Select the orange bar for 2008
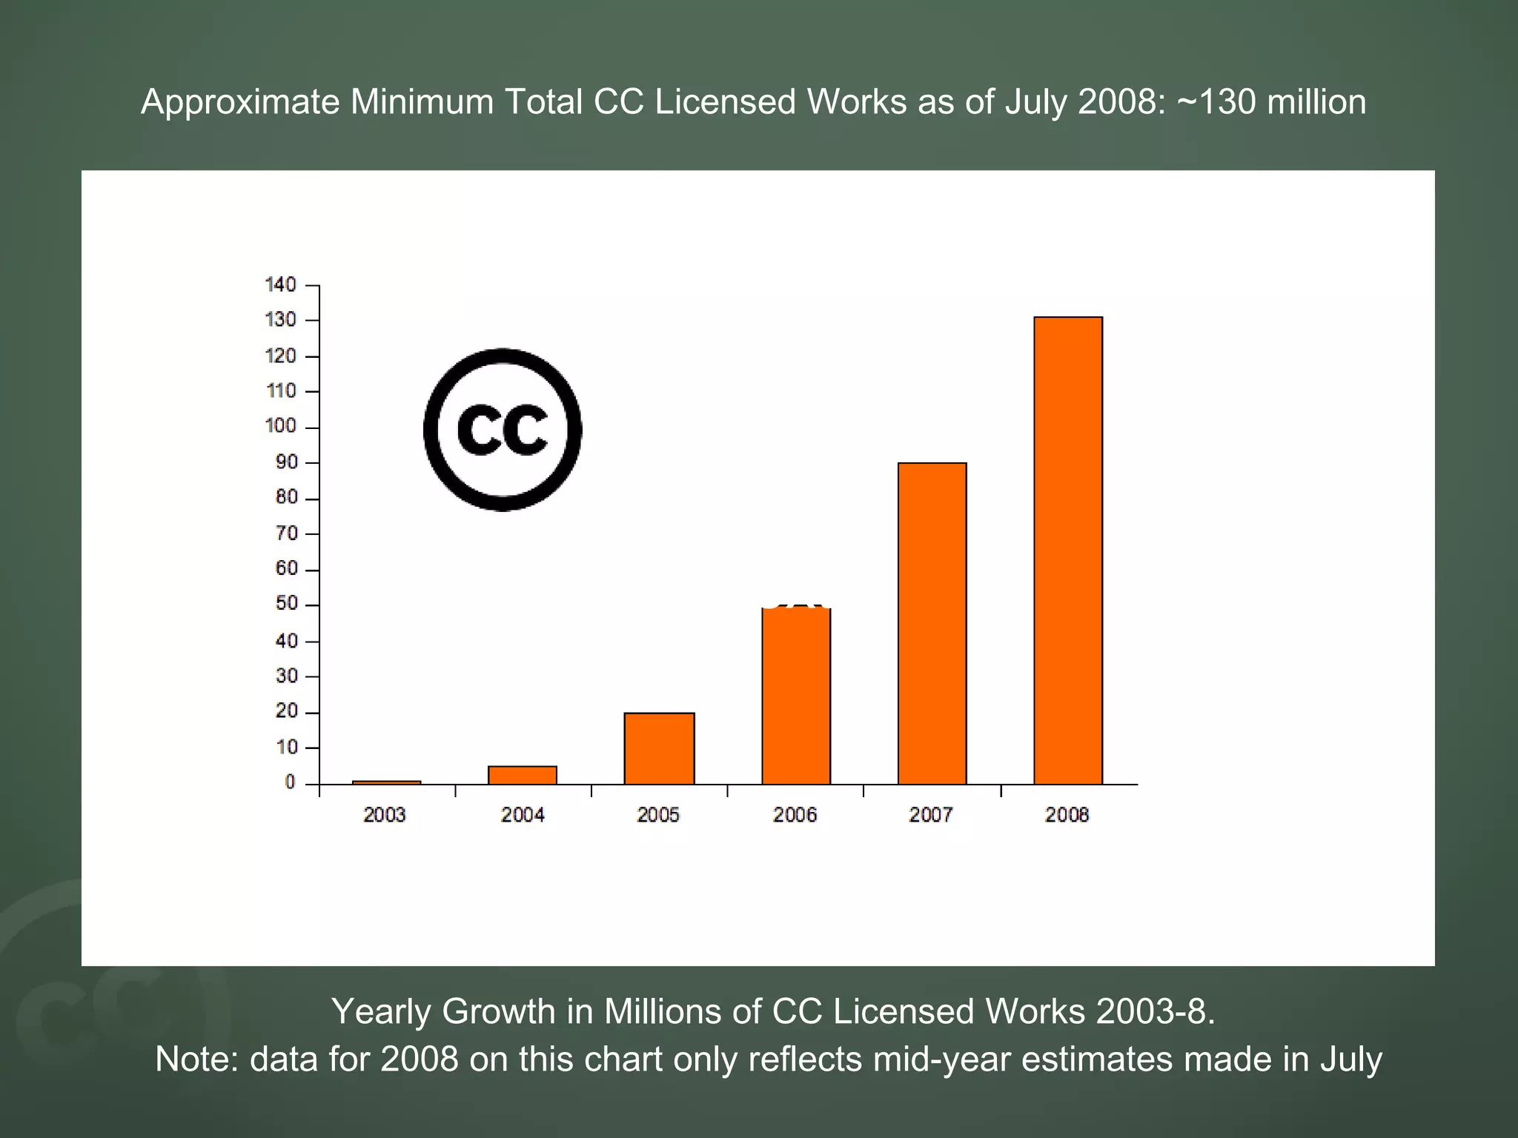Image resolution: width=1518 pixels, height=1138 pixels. (x=1068, y=550)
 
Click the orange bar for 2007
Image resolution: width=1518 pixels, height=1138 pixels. (x=932, y=623)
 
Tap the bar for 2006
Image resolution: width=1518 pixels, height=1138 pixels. (x=796, y=696)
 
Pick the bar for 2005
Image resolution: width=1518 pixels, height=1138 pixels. (x=659, y=748)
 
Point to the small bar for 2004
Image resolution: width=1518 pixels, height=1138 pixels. (x=523, y=775)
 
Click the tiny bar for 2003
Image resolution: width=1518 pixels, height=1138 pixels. (x=386, y=782)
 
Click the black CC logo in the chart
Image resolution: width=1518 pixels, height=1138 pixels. (x=503, y=430)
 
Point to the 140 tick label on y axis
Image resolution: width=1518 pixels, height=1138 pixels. (x=281, y=284)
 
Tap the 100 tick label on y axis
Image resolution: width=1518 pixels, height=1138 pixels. (x=281, y=426)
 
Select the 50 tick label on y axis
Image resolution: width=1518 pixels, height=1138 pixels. (x=286, y=604)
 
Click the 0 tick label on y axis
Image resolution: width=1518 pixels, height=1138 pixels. (x=291, y=782)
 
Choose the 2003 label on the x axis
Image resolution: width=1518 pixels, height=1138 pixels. (x=384, y=815)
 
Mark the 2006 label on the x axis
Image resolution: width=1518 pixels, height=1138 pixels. (x=795, y=815)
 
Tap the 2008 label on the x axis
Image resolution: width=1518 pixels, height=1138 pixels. (x=1067, y=815)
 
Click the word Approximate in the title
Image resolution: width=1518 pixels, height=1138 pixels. (x=240, y=102)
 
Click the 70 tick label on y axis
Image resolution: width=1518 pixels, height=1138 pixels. (x=286, y=533)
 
